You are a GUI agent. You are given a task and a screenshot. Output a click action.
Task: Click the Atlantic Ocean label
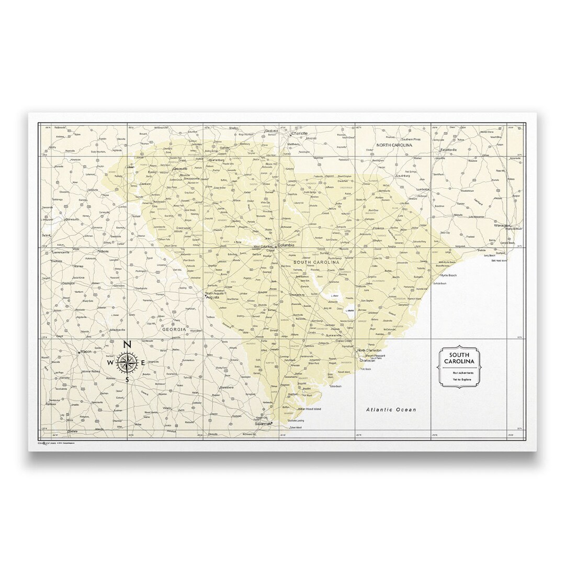tap(391, 409)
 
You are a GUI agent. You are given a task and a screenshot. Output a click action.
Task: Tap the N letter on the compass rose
tap(126, 345)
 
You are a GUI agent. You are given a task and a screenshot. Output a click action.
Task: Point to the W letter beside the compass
tap(110, 363)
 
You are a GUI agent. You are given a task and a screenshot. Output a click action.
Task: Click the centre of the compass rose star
tap(127, 362)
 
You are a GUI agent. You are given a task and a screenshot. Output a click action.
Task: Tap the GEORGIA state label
tap(174, 329)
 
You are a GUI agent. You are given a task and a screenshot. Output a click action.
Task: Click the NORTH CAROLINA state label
tap(394, 145)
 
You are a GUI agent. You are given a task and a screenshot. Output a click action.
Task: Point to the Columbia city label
tap(286, 245)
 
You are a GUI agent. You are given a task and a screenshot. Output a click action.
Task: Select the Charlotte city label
tap(300, 134)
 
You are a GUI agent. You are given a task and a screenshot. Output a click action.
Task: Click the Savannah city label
tap(264, 423)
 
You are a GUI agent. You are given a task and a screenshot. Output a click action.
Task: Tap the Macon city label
tap(86, 351)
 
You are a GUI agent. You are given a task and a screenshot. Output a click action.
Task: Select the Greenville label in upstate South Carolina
tap(180, 169)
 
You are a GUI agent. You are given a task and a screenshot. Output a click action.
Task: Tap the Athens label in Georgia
tap(104, 251)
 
